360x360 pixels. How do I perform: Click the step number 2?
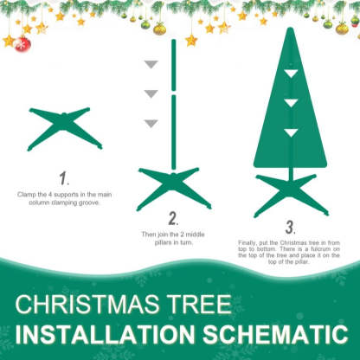tap(173, 219)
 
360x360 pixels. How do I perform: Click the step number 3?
tap(290, 228)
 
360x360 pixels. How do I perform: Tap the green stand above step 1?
tap(65, 127)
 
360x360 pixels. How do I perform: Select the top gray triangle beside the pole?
tap(151, 64)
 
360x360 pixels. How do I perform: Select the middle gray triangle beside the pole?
tap(151, 93)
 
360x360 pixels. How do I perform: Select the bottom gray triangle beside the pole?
tap(151, 122)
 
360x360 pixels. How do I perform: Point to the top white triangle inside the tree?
tap(291, 74)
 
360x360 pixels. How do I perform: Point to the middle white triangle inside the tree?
tap(291, 102)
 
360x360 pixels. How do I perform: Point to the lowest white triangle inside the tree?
tap(291, 132)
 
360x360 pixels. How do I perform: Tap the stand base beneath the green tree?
tap(291, 192)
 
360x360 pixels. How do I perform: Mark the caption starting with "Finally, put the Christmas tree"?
tap(291, 253)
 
